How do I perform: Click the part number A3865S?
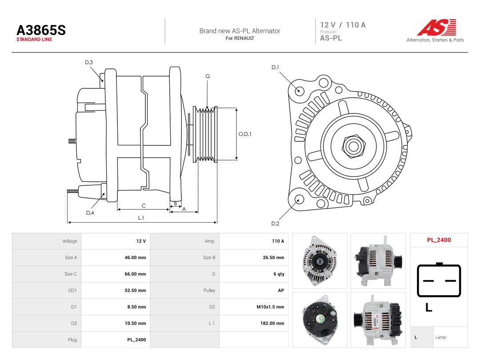pos(41,30)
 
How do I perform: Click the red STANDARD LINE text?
pos(34,40)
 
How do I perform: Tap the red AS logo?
pos(436,27)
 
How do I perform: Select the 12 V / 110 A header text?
pos(343,25)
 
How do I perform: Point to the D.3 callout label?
pos(89,63)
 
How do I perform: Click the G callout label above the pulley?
pos(208,76)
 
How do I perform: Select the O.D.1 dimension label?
pos(245,134)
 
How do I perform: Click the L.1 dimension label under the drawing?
pos(141,218)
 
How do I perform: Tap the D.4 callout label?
pos(90,213)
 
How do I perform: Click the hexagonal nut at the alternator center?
pos(353,146)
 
